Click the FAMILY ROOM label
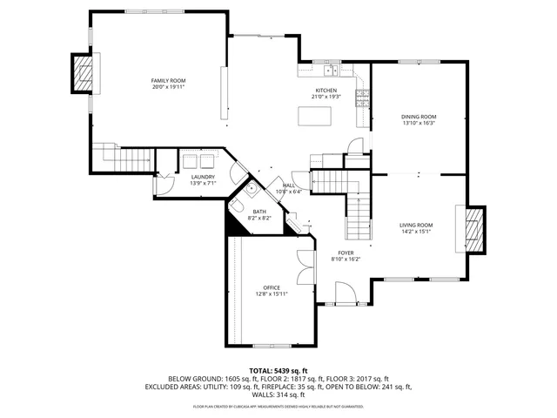[x=169, y=80]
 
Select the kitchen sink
[x=332, y=71]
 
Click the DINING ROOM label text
[x=419, y=117]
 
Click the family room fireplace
[x=82, y=73]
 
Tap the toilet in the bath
[x=237, y=206]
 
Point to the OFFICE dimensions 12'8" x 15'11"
[x=272, y=294]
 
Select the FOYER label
[x=346, y=253]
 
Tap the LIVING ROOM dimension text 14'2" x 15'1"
[x=416, y=232]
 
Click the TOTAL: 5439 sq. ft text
[x=278, y=371]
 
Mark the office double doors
[x=302, y=268]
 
